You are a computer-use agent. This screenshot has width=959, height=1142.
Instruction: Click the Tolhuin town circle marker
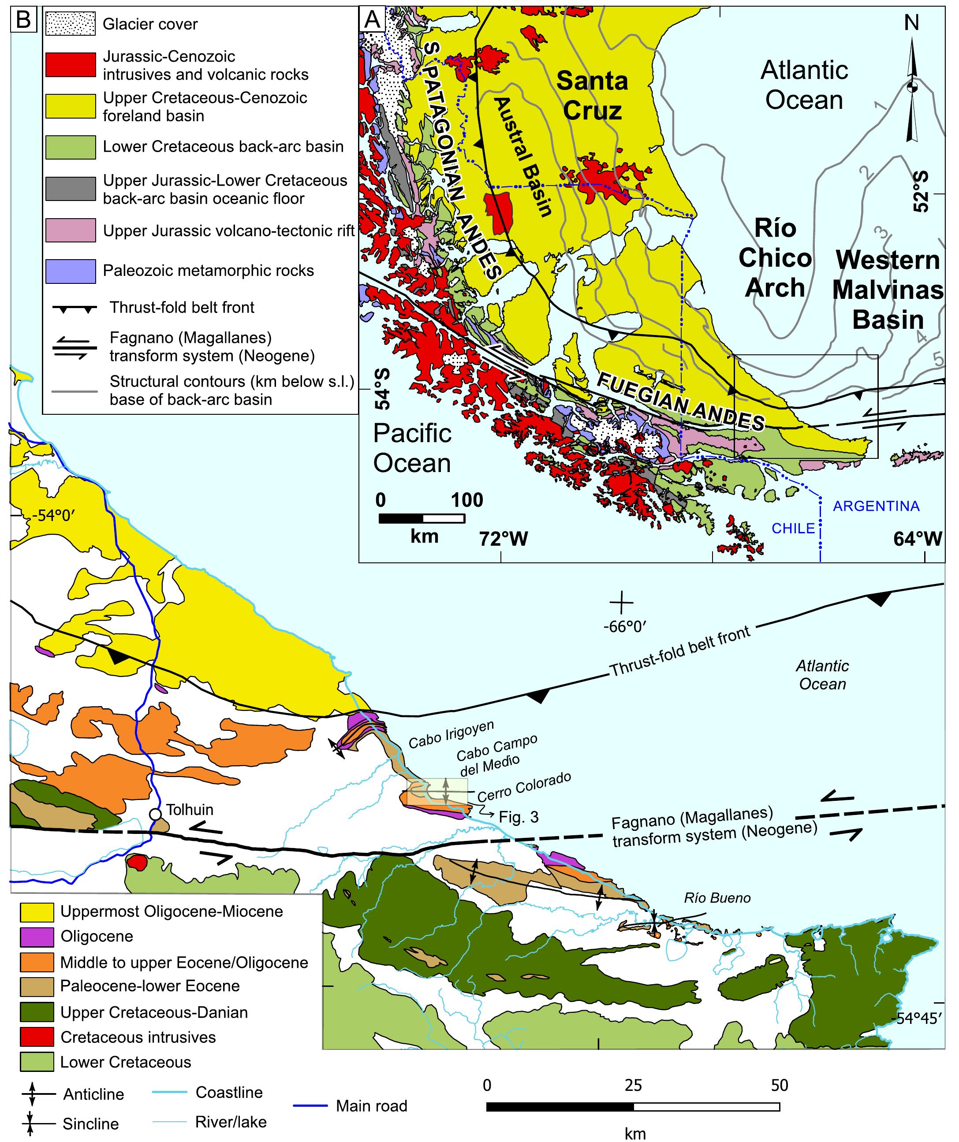coord(155,814)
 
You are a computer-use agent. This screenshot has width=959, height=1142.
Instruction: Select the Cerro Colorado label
coord(524,787)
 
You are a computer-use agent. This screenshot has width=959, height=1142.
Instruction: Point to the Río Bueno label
coord(717,898)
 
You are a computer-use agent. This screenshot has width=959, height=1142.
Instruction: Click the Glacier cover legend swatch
coord(70,24)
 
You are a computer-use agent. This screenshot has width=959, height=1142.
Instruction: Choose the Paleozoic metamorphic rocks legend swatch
coord(70,271)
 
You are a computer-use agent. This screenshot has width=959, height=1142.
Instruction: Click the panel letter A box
coord(372,19)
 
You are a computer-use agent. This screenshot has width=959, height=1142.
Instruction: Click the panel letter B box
coord(23,19)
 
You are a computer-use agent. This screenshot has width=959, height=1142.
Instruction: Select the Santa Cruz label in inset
coord(592,96)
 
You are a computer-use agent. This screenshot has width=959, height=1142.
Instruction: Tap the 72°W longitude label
coord(503,538)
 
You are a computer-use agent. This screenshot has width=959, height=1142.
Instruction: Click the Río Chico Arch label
coord(775,258)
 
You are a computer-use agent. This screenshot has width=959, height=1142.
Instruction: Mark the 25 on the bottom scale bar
coord(633,1085)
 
